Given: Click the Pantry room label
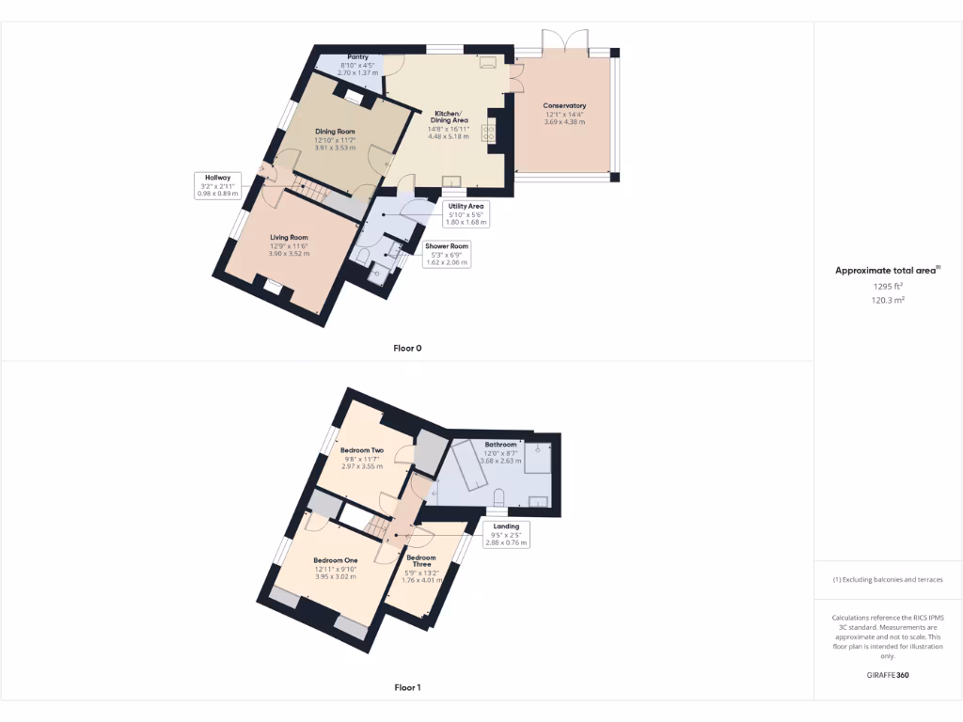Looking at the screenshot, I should (x=357, y=57).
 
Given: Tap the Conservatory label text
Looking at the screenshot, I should (x=564, y=106).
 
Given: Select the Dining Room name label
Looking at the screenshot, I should (x=335, y=132).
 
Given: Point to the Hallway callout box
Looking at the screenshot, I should (x=218, y=184).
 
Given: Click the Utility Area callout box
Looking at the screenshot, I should (x=466, y=213).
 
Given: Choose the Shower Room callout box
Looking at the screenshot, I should (x=446, y=254).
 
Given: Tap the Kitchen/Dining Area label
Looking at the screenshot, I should (x=446, y=117).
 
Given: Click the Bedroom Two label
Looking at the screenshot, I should (x=362, y=451).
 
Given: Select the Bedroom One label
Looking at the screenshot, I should (x=336, y=560).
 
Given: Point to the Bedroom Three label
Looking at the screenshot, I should (x=420, y=562).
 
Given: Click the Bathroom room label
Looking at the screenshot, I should (x=500, y=445).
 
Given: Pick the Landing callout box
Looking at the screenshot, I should (x=506, y=534).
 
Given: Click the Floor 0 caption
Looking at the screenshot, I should (x=407, y=348).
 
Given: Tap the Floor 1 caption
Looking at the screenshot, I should (x=407, y=687).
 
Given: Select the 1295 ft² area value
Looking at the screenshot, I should (x=887, y=286).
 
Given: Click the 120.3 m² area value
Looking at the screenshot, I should (x=887, y=300).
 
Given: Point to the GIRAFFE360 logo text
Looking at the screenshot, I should (x=887, y=675).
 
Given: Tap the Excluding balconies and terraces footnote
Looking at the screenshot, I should (x=888, y=579).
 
